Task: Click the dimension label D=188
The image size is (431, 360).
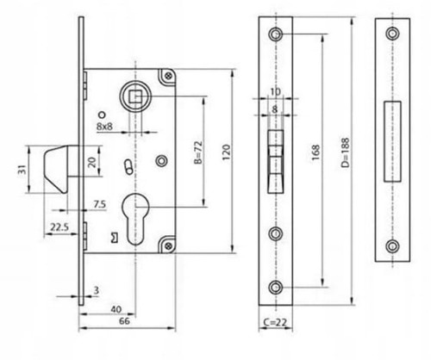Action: tap(345, 152)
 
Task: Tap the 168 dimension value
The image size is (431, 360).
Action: tap(315, 152)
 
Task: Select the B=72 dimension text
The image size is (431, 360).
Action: tap(198, 152)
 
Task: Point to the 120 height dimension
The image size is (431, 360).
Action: tap(227, 152)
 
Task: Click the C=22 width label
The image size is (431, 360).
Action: tap(275, 322)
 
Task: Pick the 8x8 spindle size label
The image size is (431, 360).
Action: tap(104, 126)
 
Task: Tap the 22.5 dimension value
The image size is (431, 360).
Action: tap(59, 227)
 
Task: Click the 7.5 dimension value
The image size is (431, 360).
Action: tap(100, 204)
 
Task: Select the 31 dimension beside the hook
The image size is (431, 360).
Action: tap(22, 170)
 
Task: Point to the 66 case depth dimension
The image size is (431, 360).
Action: tap(124, 321)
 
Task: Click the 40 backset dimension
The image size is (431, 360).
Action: tap(116, 309)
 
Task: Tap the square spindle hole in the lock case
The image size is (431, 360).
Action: tap(135, 96)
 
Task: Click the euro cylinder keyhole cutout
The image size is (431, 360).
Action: tap(135, 219)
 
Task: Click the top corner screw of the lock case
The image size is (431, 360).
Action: tap(168, 76)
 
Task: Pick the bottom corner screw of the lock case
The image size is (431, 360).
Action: tap(168, 245)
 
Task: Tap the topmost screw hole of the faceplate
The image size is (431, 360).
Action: tap(276, 34)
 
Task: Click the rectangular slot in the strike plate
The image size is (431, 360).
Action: tap(392, 141)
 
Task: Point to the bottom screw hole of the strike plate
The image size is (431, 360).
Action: tap(392, 246)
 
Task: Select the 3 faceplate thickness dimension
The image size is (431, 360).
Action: tap(97, 290)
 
